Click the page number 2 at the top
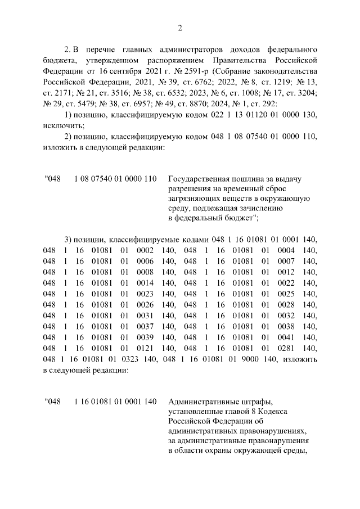click(x=180, y=28)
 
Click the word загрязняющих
click(x=195, y=200)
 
